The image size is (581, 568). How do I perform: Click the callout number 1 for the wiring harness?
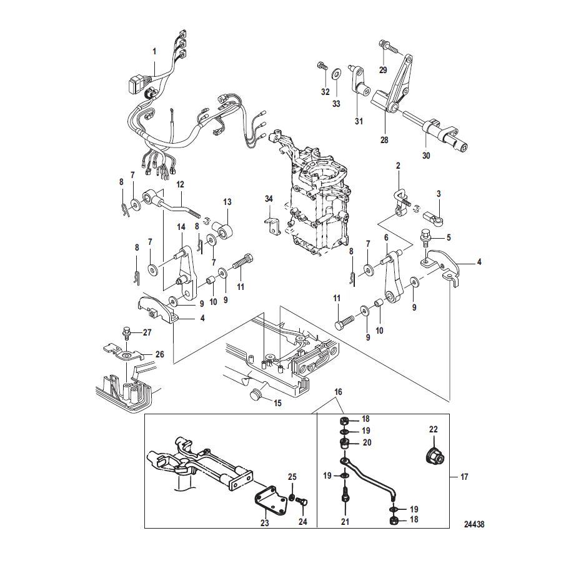(154, 51)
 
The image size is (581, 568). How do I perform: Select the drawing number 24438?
(474, 524)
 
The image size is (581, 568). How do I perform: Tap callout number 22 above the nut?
(433, 429)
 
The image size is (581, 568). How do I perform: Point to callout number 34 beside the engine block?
(269, 199)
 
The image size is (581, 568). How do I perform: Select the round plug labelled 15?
(256, 395)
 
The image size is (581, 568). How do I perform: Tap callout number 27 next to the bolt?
(147, 332)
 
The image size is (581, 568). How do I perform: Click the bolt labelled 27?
(126, 332)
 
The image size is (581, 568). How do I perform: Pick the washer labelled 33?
(337, 73)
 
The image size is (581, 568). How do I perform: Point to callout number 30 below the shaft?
(426, 156)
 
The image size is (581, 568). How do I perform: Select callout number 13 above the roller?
(227, 202)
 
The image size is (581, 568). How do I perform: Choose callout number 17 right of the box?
(464, 477)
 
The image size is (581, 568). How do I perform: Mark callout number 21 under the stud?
(345, 522)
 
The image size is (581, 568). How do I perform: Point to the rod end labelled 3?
(432, 217)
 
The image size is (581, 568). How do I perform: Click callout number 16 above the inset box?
(339, 392)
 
